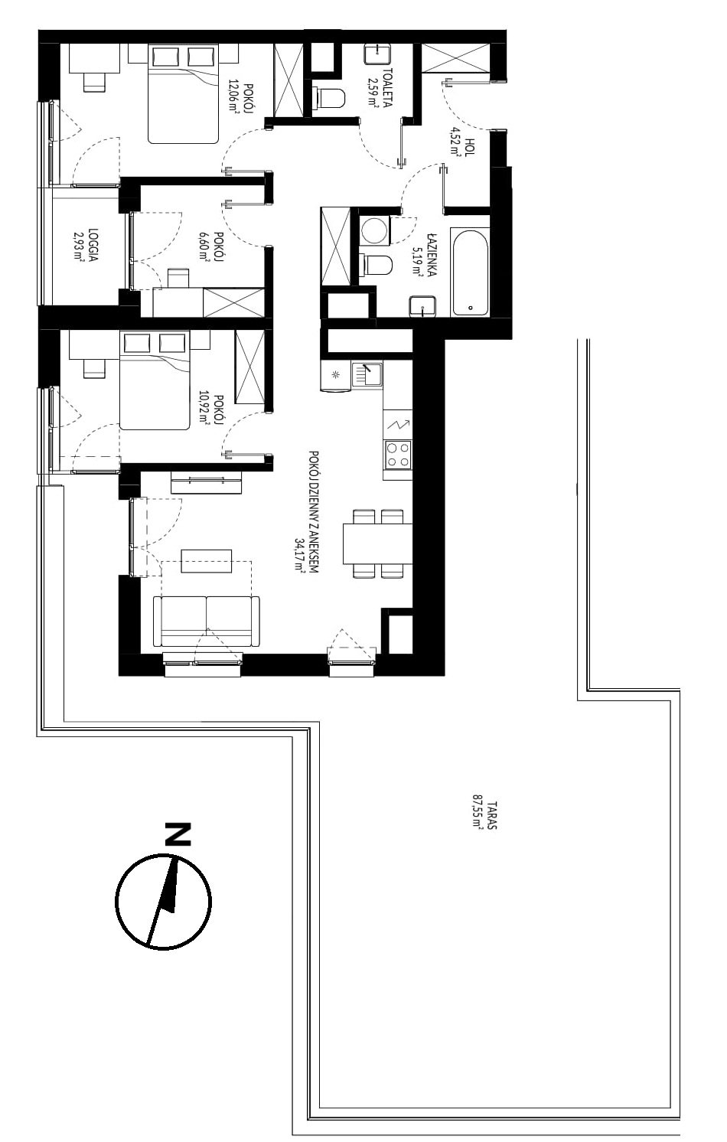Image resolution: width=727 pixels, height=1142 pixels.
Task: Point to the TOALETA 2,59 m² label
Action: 380,87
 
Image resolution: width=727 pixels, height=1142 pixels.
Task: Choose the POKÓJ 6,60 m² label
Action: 211,246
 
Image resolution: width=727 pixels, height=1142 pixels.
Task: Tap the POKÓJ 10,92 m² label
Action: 211,409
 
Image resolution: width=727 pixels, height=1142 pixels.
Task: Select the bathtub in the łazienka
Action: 470,272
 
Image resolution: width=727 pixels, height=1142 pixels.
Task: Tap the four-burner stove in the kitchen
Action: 398,455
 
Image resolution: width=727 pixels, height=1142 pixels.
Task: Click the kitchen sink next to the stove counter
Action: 367,375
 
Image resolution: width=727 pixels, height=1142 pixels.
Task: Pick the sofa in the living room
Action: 207,622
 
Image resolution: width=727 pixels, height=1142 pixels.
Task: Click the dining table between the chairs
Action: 378,543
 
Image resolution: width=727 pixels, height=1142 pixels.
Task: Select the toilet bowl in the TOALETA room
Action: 331,97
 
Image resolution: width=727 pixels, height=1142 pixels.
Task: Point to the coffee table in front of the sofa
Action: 207,561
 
